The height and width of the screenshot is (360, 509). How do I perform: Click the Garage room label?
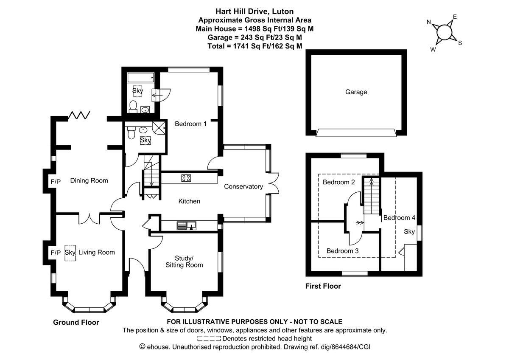pyautogui.click(x=356, y=92)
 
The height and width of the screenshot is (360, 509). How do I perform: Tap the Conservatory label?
pyautogui.click(x=243, y=187)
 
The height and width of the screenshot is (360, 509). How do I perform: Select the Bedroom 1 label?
pyautogui.click(x=190, y=124)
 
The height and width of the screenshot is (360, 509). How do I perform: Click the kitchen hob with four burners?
pyautogui.click(x=186, y=178)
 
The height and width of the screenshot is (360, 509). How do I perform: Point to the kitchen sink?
pyautogui.click(x=187, y=225)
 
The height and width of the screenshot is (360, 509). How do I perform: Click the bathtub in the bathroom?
pyautogui.click(x=141, y=78)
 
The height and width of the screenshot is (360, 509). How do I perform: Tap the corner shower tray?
pyautogui.click(x=159, y=128)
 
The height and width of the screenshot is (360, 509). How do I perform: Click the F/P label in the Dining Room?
pyautogui.click(x=56, y=182)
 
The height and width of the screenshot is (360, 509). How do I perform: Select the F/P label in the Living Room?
pyautogui.click(x=56, y=253)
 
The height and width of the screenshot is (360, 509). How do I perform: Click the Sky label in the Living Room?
pyautogui.click(x=70, y=253)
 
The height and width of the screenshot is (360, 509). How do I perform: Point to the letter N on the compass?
pyautogui.click(x=429, y=22)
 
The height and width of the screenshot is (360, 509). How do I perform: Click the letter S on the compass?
pyautogui.click(x=460, y=43)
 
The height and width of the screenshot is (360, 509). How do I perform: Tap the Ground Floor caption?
pyautogui.click(x=76, y=323)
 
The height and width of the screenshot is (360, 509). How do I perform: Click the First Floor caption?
pyautogui.click(x=323, y=286)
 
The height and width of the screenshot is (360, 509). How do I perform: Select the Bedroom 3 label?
pyautogui.click(x=342, y=251)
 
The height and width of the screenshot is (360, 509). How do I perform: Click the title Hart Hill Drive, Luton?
pyautogui.click(x=255, y=11)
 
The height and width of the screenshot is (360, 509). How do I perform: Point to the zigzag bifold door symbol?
pyautogui.click(x=79, y=115)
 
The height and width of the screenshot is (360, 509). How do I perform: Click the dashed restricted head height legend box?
pyautogui.click(x=209, y=339)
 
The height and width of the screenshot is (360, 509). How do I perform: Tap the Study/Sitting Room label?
pyautogui.click(x=184, y=262)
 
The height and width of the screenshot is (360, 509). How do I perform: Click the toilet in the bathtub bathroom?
pyautogui.click(x=133, y=107)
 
